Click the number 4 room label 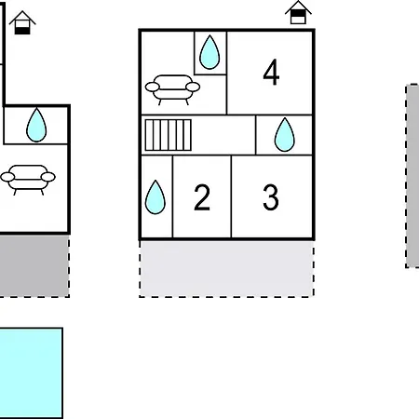pos(271,73)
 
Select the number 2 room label pos(202,197)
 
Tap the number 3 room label pos(271,197)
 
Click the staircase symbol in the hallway pos(169,135)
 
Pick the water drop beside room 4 pos(209,52)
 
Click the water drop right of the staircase pos(285,135)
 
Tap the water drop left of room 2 pos(155,197)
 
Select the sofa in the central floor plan pos(172,89)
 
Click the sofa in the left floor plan pos(28,180)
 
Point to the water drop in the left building pos(36,125)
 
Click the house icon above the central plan pos(298,12)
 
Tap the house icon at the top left pos(22,22)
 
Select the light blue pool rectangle pos(31,373)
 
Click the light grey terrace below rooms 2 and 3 pos(226,269)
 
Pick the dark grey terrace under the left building pos(34,265)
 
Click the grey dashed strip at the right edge pos(412,176)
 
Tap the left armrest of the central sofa pos(153,87)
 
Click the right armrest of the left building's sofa pos(48,177)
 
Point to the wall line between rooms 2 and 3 pos(231,196)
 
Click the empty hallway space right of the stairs pos(223,135)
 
